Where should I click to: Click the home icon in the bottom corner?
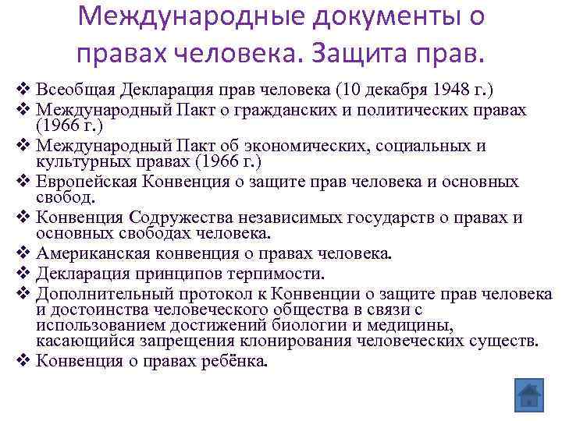tap(528, 394)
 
